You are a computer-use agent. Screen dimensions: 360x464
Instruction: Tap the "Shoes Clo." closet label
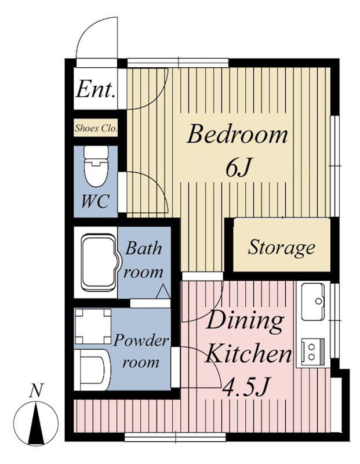tap(96, 128)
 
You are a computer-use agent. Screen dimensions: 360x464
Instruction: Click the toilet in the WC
tap(96, 166)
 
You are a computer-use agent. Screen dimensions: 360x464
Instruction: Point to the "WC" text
tap(95, 201)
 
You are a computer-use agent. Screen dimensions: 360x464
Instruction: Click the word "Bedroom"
tap(237, 135)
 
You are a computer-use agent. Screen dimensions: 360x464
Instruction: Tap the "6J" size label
tap(238, 168)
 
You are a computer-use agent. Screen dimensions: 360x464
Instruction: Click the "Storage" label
tap(281, 248)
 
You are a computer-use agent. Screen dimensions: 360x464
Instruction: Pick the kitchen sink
tap(313, 302)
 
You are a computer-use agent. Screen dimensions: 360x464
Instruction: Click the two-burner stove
tap(312, 351)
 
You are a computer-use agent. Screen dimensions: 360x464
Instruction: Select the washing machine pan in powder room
tap(93, 327)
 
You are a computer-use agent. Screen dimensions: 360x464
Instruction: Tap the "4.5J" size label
tap(246, 387)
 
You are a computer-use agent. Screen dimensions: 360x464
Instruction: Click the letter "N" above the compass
tap(37, 391)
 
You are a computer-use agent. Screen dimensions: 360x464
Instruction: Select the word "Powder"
tap(141, 342)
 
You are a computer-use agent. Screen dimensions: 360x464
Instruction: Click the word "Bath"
tap(143, 248)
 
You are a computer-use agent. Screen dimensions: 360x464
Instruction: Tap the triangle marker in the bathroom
tap(163, 291)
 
